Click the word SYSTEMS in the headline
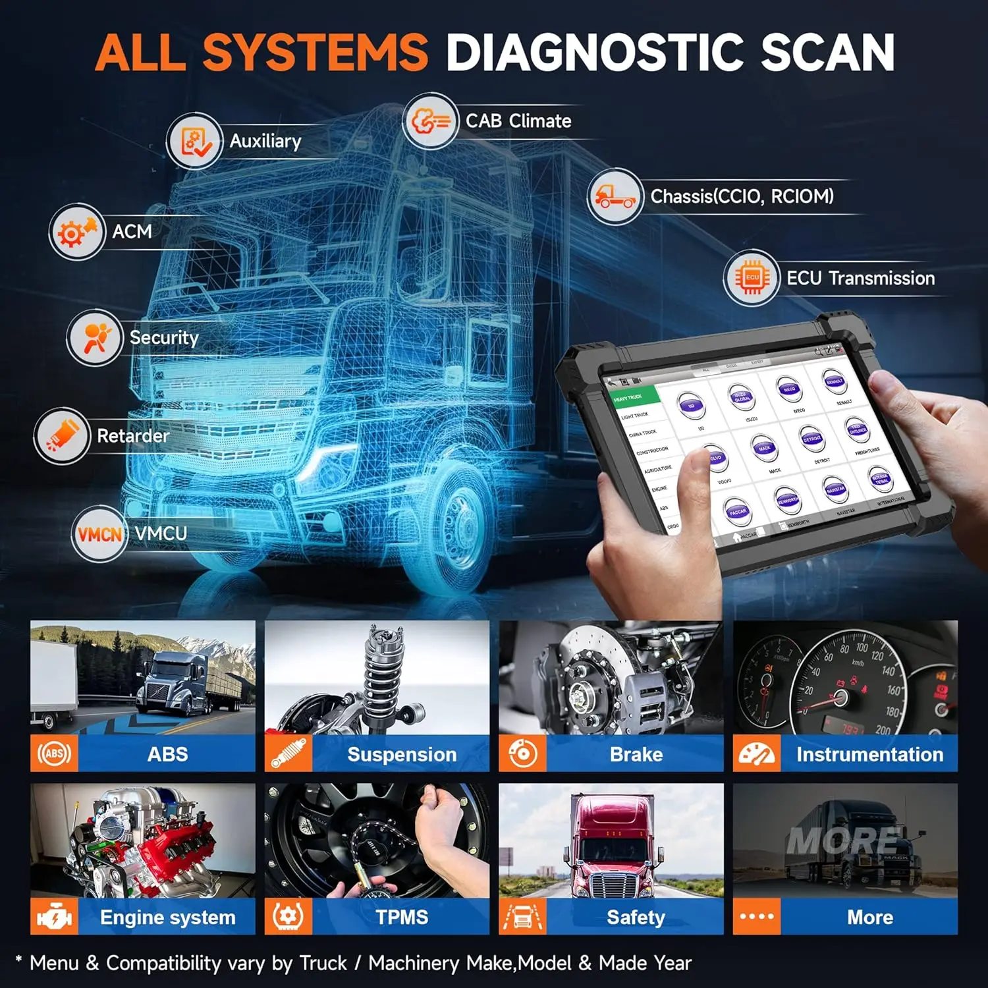click(315, 52)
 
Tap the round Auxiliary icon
click(194, 141)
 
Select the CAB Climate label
click(518, 121)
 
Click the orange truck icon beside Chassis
click(614, 196)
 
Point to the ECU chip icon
click(752, 277)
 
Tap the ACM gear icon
click(77, 232)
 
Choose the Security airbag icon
click(95, 338)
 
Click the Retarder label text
click(133, 436)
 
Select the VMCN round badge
click(99, 534)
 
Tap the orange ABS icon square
click(54, 754)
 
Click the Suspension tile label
click(402, 754)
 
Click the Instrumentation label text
click(869, 754)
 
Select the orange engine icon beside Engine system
click(54, 917)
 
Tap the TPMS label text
click(402, 917)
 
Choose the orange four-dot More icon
click(757, 917)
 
